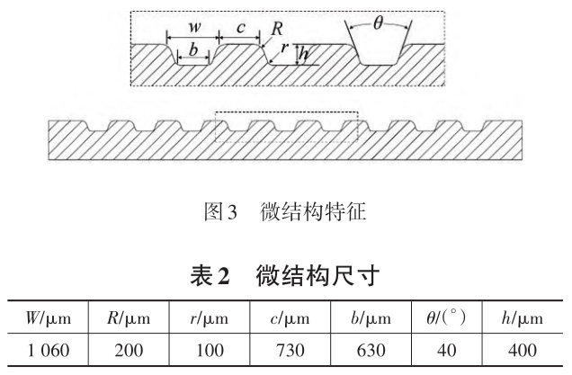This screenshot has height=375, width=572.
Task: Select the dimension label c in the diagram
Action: [240, 27]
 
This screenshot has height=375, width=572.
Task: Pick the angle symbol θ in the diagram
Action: [379, 25]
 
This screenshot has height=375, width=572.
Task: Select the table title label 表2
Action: [209, 274]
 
